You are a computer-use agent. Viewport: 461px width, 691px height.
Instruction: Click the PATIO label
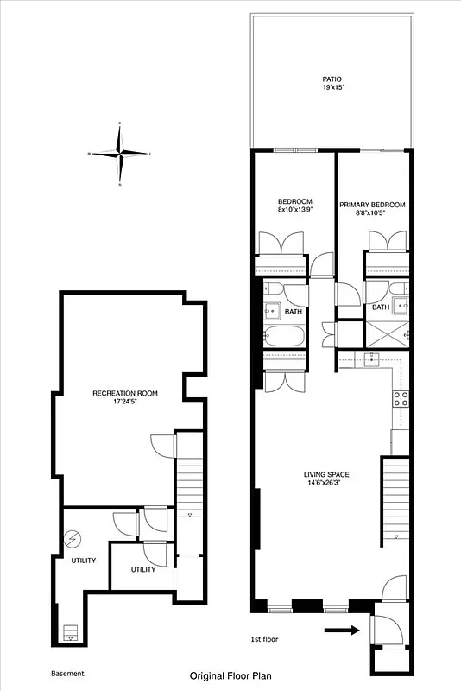click(332, 79)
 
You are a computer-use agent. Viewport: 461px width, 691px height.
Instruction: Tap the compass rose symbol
click(121, 154)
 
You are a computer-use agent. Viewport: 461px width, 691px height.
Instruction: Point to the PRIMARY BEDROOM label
click(372, 206)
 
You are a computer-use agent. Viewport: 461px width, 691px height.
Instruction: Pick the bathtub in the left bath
click(282, 337)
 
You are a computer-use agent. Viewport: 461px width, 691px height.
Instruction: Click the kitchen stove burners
click(401, 398)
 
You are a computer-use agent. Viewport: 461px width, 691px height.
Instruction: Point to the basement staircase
click(187, 488)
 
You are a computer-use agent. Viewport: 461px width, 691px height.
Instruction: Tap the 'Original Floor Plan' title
click(230, 678)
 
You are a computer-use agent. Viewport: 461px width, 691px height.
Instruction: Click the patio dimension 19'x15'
click(332, 88)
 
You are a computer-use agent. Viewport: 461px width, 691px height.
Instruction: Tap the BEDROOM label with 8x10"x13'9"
click(294, 206)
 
